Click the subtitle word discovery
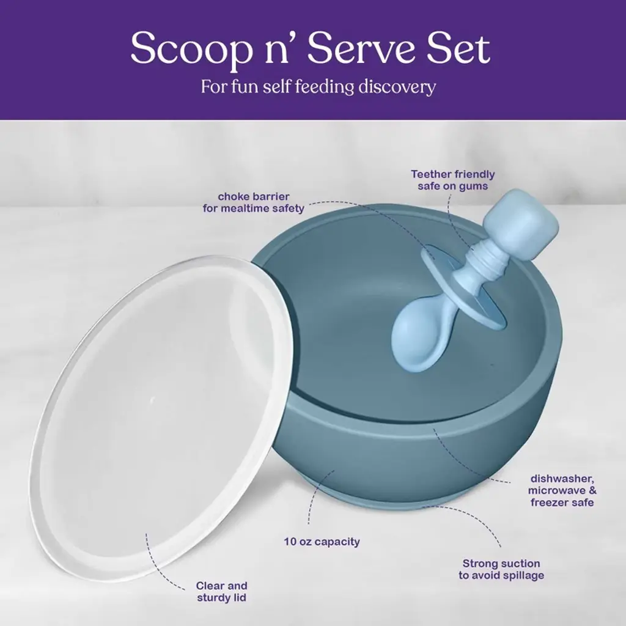[397, 87]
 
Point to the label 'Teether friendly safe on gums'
[453, 180]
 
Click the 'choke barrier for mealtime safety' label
[254, 202]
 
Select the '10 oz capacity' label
[322, 542]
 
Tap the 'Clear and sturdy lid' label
[221, 592]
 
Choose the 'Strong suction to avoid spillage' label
[501, 569]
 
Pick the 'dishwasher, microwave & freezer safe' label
[562, 490]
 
